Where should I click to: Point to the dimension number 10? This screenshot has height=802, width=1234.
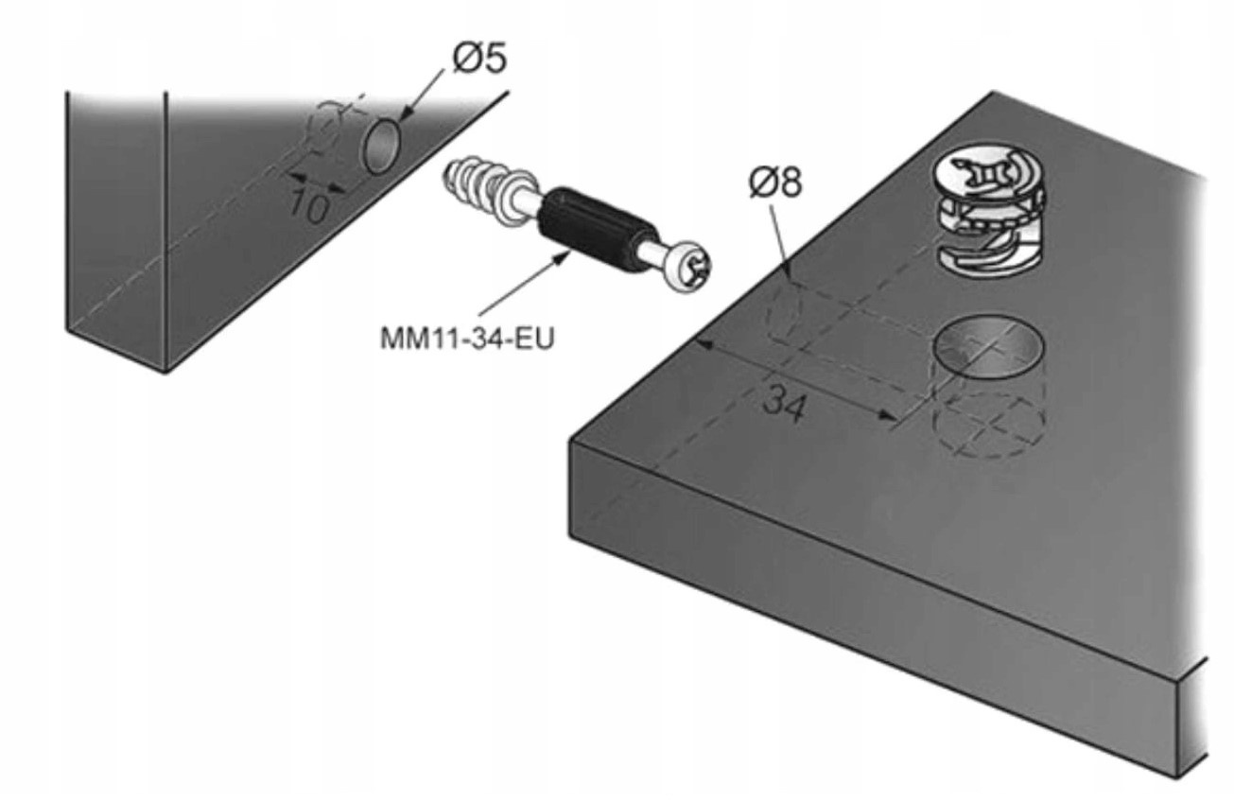[309, 202]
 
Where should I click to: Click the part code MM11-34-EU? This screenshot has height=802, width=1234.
[466, 338]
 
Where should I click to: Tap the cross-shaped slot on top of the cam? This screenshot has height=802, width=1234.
[987, 173]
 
